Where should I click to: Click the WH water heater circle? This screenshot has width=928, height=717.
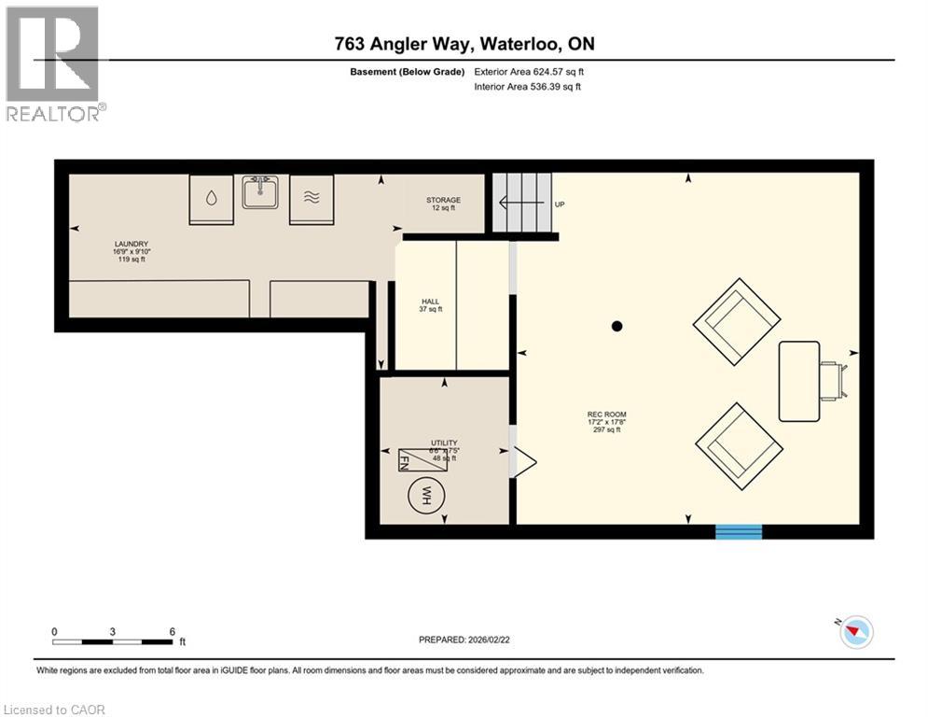pyautogui.click(x=425, y=494)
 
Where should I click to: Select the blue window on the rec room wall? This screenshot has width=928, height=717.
pyautogui.click(x=738, y=531)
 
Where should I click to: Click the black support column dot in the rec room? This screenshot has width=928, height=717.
pyautogui.click(x=616, y=326)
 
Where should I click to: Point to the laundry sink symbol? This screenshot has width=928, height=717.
pyautogui.click(x=257, y=192)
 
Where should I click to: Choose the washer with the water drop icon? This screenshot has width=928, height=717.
pyautogui.click(x=212, y=199)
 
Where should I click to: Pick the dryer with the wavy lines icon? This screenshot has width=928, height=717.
pyautogui.click(x=311, y=199)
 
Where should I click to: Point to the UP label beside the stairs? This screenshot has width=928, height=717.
pyautogui.click(x=560, y=204)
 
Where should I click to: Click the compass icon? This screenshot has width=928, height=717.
pyautogui.click(x=855, y=633)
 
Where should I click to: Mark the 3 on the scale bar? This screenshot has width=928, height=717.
pyautogui.click(x=112, y=631)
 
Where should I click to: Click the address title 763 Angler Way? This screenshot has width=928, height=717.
pyautogui.click(x=464, y=44)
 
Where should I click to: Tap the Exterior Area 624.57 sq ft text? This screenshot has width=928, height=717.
pyautogui.click(x=529, y=72)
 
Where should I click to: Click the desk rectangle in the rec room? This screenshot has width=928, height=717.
pyautogui.click(x=798, y=381)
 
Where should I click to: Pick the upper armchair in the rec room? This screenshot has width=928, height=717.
pyautogui.click(x=737, y=320)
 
